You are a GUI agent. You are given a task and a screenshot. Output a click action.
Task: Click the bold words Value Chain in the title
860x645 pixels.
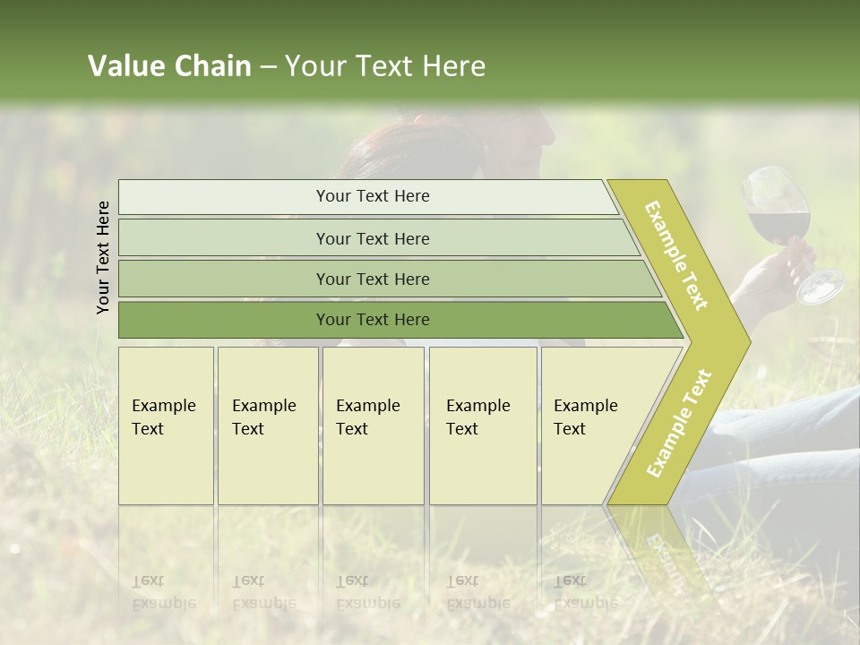169,66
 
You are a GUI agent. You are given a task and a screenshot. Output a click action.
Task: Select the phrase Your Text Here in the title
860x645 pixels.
385,66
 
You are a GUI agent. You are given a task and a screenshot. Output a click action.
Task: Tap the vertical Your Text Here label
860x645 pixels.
104,257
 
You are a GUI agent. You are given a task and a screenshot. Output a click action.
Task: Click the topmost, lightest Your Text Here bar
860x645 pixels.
372,196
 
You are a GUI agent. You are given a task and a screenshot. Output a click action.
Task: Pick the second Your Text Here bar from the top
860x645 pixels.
372,238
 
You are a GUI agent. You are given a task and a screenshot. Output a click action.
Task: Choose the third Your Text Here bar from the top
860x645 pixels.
372,279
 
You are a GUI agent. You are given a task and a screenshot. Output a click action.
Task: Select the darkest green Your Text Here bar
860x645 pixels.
372,320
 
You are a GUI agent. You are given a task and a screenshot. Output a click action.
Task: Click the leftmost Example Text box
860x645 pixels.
166,425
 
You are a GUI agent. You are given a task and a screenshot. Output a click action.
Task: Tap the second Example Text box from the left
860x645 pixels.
267,425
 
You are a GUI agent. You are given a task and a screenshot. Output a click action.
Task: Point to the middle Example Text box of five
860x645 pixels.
373,425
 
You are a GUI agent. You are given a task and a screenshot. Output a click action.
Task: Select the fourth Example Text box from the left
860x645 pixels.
482,425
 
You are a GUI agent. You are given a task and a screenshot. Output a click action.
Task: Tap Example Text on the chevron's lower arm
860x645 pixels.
679,423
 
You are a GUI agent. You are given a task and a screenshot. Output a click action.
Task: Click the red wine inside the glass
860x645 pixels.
778,225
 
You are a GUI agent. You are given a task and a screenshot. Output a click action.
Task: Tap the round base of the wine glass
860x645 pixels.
821,287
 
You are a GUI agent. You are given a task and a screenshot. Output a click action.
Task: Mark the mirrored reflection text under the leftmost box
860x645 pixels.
163,592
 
